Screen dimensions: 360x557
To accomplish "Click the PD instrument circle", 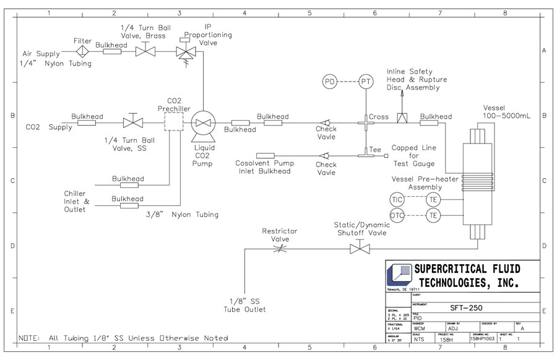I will point(330,81).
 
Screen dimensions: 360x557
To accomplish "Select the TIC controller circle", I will point(397,199).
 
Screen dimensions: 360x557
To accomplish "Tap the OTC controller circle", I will point(397,215).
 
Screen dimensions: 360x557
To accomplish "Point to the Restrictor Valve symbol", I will point(280,249).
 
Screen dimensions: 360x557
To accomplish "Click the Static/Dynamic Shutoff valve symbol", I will point(358,249).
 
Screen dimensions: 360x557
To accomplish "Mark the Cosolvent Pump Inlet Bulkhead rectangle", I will point(266,155).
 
